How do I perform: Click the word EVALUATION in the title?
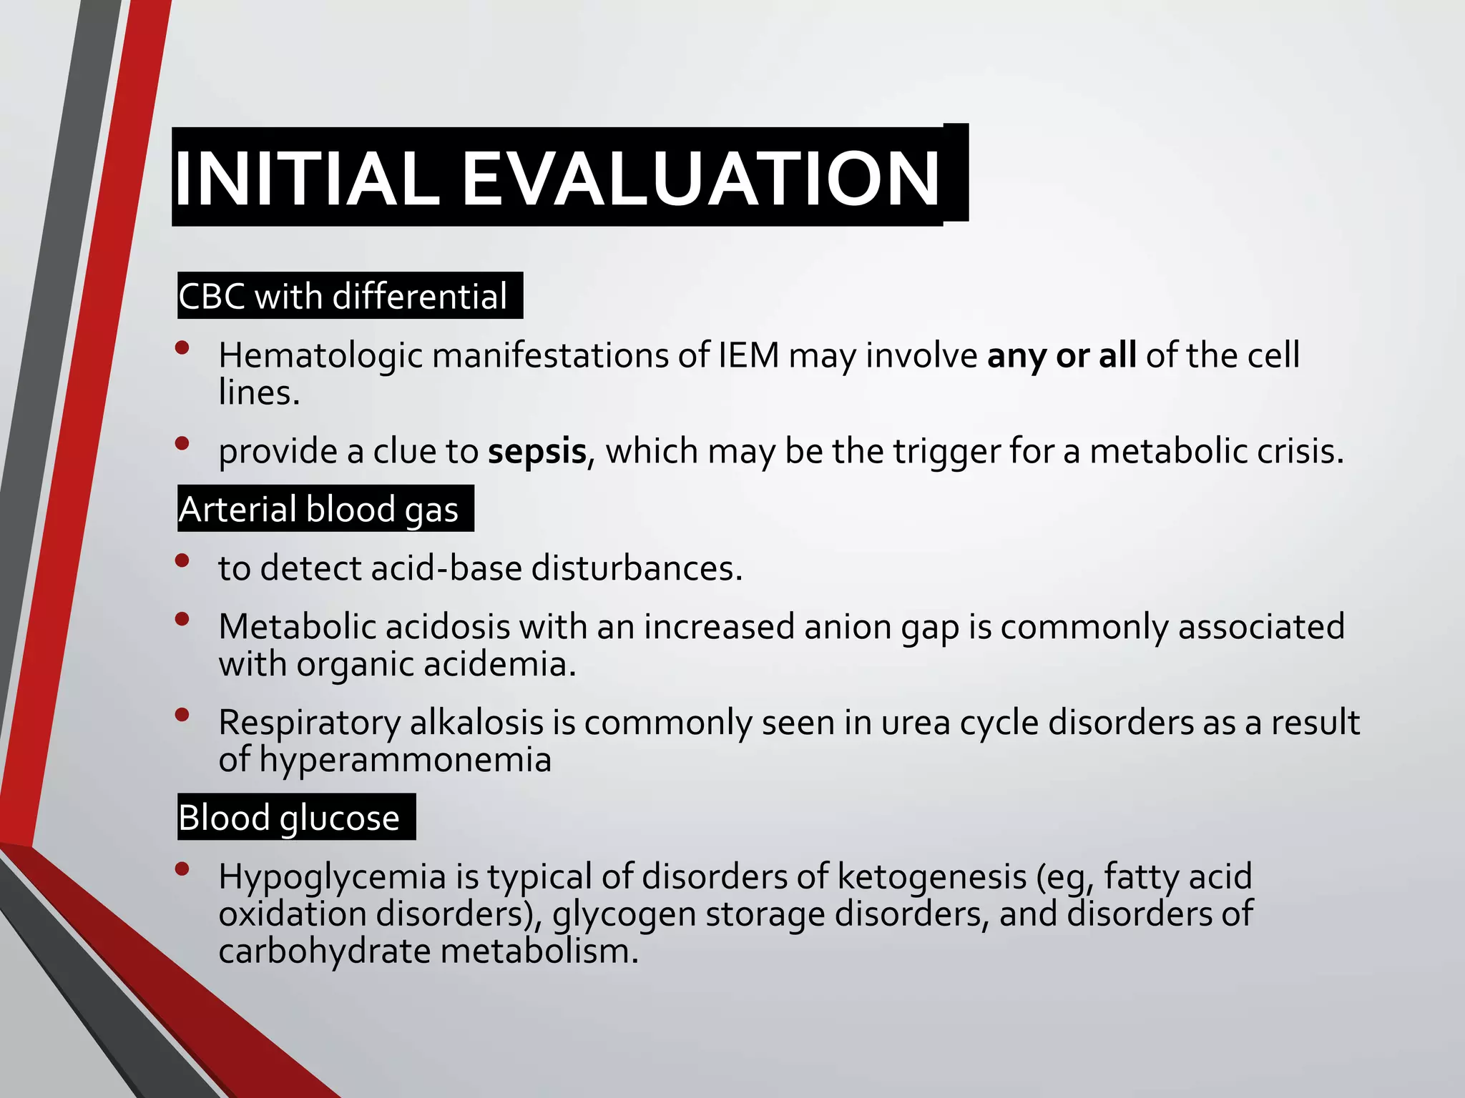(x=701, y=179)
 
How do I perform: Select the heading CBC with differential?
(x=343, y=296)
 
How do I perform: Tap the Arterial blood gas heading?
(x=319, y=510)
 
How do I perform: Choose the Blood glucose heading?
(x=289, y=818)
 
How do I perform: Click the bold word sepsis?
(x=537, y=452)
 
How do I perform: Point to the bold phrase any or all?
(x=1061, y=355)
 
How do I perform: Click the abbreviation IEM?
(x=748, y=355)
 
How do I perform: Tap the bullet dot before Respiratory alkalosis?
(x=182, y=714)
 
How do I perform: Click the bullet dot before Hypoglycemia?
(x=182, y=869)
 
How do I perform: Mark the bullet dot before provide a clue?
(x=182, y=443)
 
